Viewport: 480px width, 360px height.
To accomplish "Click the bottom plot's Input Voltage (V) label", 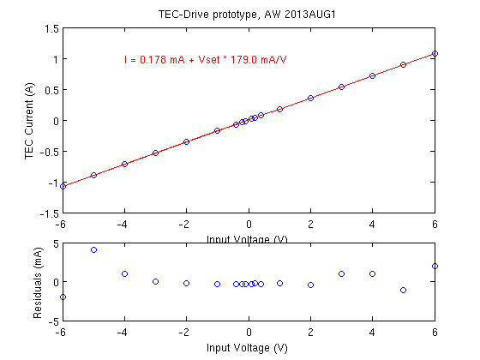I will [x=249, y=348].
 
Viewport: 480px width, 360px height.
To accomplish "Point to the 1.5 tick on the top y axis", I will [x=51, y=28].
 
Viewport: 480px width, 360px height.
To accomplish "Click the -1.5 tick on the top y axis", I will [x=49, y=213].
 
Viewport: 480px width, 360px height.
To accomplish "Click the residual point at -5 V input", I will [x=93, y=250].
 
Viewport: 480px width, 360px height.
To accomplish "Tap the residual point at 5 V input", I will [x=403, y=291].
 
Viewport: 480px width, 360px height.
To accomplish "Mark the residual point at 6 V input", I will [x=435, y=266].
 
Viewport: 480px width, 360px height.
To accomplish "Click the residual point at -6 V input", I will [x=63, y=297].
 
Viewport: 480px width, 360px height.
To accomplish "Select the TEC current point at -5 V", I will [x=93, y=175].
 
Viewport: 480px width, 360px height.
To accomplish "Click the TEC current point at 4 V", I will [x=372, y=75].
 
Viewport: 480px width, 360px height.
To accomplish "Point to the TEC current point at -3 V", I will [x=155, y=153].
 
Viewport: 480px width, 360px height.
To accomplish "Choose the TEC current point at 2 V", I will [x=310, y=98].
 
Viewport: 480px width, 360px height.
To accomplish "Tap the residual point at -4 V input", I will [x=124, y=274].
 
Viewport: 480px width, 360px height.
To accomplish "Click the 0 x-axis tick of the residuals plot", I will [x=249, y=332].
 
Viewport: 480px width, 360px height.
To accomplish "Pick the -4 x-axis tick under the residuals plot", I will [x=123, y=332].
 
